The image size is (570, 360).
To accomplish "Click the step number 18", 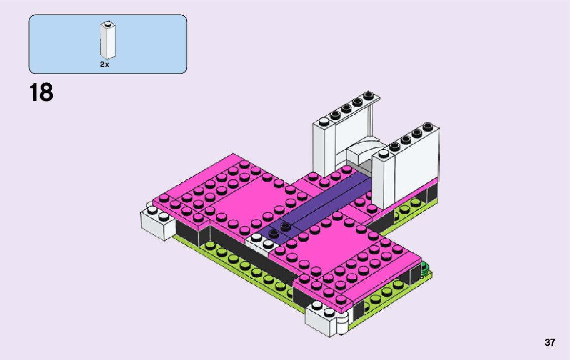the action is click(x=41, y=92).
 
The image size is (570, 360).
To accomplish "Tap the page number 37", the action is click(x=550, y=342).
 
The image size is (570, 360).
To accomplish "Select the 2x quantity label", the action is click(x=105, y=64).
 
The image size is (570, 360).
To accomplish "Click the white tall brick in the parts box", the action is click(x=108, y=40).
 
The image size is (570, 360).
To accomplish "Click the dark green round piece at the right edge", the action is click(x=424, y=269).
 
